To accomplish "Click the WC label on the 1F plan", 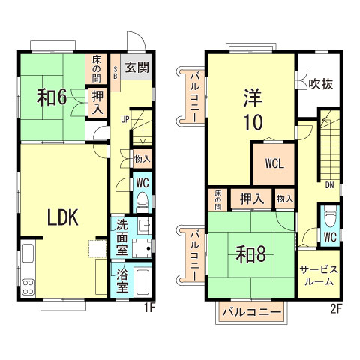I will coord(142,183).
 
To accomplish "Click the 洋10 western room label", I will coord(250,110).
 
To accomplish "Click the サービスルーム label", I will coord(320,276).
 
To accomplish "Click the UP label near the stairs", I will coord(125,118).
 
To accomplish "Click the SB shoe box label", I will coord(115,73).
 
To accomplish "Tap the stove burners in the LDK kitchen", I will coord(28,285).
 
